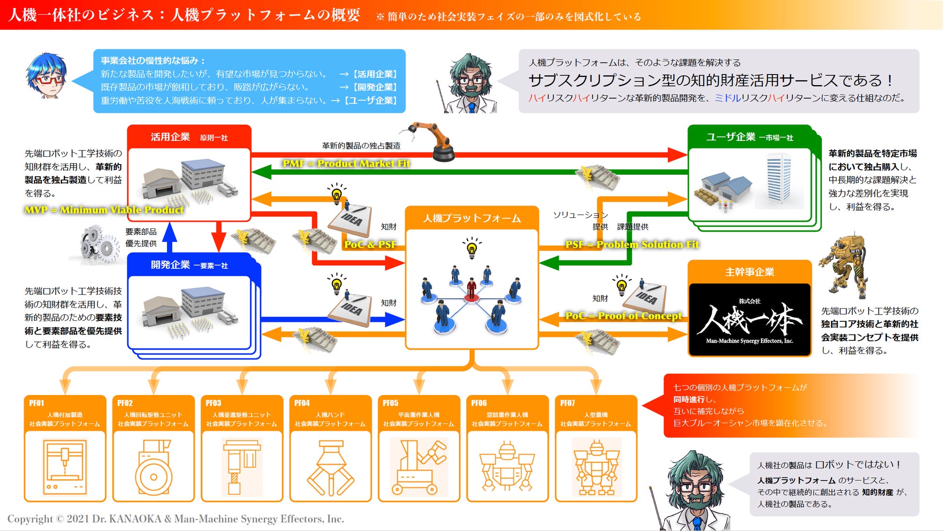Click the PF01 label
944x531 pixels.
click(37, 403)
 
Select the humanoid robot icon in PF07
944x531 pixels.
click(596, 467)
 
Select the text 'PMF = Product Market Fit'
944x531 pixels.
click(346, 164)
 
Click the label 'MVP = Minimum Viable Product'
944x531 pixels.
click(104, 210)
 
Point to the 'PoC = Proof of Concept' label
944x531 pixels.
click(624, 316)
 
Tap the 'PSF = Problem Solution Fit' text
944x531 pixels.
click(632, 244)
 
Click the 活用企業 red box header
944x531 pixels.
click(189, 137)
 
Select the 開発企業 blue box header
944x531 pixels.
click(189, 265)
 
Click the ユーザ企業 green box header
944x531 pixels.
click(749, 137)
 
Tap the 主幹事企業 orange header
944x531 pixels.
click(749, 272)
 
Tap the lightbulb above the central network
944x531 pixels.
click(472, 247)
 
